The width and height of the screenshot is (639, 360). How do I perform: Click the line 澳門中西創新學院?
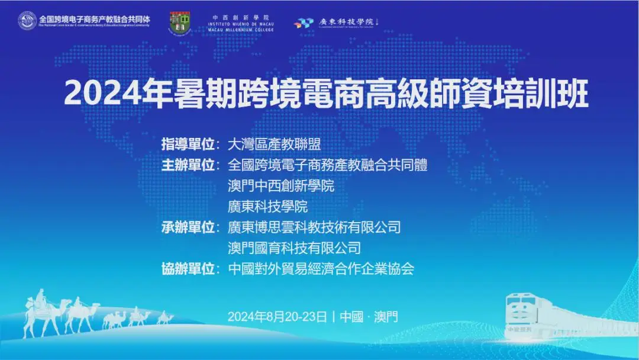(x=281, y=185)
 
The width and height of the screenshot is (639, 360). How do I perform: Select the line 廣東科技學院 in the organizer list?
(x=268, y=206)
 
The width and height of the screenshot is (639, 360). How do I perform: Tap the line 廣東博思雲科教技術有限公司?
(x=314, y=227)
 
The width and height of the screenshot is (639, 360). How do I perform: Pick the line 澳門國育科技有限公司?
(x=294, y=247)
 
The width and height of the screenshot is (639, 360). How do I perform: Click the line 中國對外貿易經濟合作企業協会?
(x=321, y=268)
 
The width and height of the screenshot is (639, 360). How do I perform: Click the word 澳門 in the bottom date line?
(x=387, y=316)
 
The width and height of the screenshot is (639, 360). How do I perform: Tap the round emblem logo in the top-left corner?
(x=27, y=21)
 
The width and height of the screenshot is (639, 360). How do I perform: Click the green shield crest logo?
(x=180, y=23)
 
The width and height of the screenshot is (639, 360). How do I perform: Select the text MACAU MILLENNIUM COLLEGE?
(x=242, y=30)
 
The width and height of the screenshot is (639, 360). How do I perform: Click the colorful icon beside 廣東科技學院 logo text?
(x=304, y=22)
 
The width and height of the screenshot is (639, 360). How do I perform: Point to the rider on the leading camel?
(x=41, y=297)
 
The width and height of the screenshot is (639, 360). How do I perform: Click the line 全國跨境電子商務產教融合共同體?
(x=327, y=165)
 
